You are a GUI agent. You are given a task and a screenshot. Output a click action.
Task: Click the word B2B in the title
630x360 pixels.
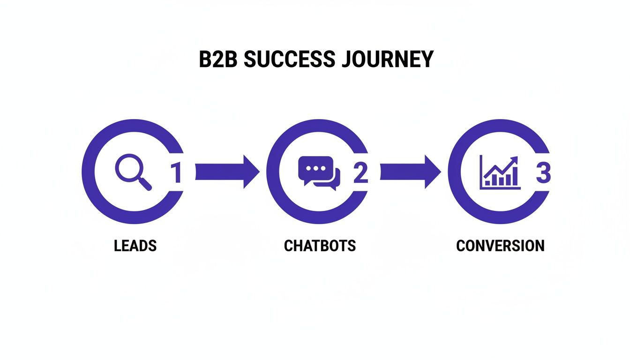pyautogui.click(x=218, y=60)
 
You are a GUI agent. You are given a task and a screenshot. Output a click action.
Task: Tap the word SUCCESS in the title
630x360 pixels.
pyautogui.click(x=288, y=60)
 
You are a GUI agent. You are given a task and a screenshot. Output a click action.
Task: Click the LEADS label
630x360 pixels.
pyautogui.click(x=135, y=246)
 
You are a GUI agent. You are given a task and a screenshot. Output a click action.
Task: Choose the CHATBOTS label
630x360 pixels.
pyautogui.click(x=320, y=246)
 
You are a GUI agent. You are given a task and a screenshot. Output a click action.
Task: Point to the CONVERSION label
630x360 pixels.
pyautogui.click(x=500, y=246)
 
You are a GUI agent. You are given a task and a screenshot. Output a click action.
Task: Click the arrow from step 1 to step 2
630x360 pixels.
pyautogui.click(x=227, y=172)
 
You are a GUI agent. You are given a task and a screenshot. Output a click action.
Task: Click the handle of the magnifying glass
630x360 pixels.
pyautogui.click(x=145, y=184)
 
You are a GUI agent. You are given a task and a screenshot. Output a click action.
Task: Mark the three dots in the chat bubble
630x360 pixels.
pyautogui.click(x=315, y=168)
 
